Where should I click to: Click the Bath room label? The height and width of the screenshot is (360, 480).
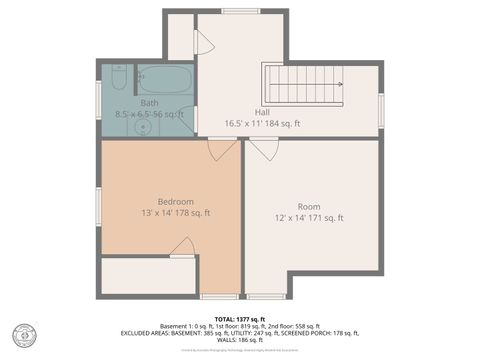click(x=149, y=102)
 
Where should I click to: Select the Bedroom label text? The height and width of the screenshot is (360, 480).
click(x=175, y=200)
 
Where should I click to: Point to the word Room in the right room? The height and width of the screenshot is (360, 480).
click(x=309, y=206)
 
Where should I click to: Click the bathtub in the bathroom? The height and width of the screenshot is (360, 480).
click(x=164, y=78)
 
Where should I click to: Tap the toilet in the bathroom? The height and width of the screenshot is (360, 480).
click(x=117, y=80)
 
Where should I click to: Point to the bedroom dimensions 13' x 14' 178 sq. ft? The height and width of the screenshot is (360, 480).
click(x=175, y=212)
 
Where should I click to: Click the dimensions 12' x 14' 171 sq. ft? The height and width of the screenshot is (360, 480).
click(x=309, y=218)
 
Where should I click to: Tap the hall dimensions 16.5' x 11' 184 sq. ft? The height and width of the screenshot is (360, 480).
click(x=263, y=124)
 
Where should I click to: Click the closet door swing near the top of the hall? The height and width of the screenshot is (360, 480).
click(x=204, y=42)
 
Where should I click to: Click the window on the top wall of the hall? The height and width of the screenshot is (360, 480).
click(x=241, y=11)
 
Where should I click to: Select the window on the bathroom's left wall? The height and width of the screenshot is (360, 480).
click(x=98, y=100)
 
